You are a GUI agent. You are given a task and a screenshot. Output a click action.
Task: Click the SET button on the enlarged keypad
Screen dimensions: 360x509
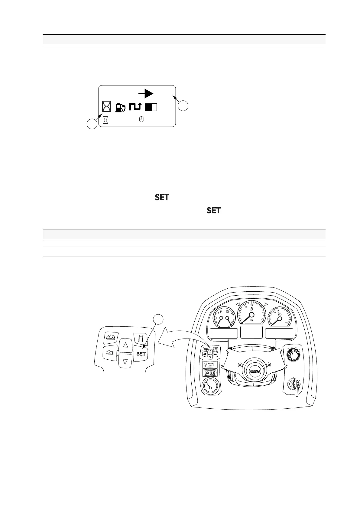pos(141,354)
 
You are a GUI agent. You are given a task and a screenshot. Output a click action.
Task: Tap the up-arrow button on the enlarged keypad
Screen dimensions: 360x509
pos(126,344)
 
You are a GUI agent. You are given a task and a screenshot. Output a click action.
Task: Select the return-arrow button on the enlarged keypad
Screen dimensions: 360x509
pos(110,352)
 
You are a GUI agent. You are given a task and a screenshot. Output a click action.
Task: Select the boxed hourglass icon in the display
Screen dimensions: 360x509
pos(106,107)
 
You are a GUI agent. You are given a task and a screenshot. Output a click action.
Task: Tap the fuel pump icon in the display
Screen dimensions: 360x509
pos(120,107)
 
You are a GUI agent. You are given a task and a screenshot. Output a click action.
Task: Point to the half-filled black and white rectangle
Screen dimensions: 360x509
pos(151,107)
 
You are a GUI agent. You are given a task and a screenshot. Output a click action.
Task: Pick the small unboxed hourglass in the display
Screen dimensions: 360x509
pos(106,120)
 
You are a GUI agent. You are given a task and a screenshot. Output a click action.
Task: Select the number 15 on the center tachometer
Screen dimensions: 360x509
pos(251,305)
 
